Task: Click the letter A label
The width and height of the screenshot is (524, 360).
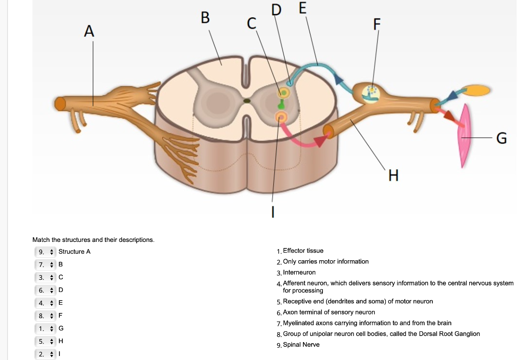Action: pyautogui.click(x=89, y=31)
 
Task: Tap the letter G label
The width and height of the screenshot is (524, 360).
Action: pyautogui.click(x=501, y=138)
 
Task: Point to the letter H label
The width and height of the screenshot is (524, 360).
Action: pyautogui.click(x=394, y=175)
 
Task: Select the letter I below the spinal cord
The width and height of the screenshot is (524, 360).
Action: pyautogui.click(x=273, y=212)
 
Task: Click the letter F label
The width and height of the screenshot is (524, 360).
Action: pyautogui.click(x=377, y=25)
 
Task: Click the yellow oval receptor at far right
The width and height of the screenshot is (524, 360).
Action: pyautogui.click(x=476, y=90)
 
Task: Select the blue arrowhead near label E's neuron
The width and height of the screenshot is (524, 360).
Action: pyautogui.click(x=338, y=79)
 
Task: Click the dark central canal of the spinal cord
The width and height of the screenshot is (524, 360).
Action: pyautogui.click(x=247, y=101)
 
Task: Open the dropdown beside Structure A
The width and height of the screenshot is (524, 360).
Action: pyautogui.click(x=45, y=252)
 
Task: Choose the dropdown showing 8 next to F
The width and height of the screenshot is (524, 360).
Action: pyautogui.click(x=45, y=316)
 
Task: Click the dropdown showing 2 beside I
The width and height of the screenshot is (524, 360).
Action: pyautogui.click(x=45, y=354)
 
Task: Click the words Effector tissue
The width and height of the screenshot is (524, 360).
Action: pyautogui.click(x=303, y=251)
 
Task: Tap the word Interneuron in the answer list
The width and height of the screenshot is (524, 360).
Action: pyautogui.click(x=299, y=273)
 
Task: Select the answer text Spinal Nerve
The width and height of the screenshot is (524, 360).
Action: pyautogui.click(x=301, y=345)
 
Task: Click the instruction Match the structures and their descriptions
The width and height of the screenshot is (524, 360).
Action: pyautogui.click(x=93, y=240)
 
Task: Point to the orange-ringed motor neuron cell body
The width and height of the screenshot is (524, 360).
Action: pyautogui.click(x=281, y=117)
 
